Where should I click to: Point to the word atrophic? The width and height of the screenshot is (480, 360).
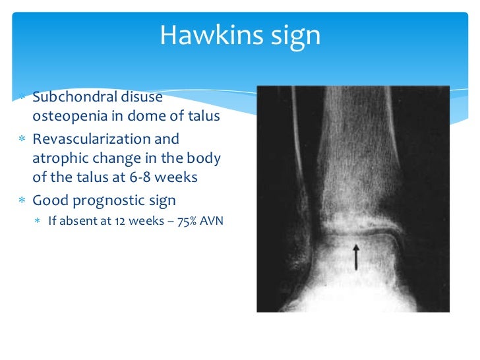(57, 159)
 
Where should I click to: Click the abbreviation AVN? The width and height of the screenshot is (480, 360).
(212, 221)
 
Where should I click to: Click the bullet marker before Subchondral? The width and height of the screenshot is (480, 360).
(21, 98)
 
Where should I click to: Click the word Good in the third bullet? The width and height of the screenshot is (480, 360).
(47, 201)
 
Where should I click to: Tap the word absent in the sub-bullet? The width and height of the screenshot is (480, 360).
(74, 221)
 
